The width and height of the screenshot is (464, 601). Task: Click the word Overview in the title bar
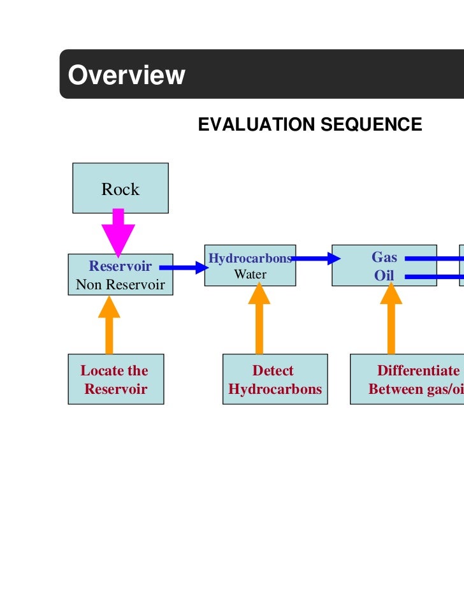[x=126, y=75]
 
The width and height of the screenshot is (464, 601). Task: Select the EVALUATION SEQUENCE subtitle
[x=310, y=124]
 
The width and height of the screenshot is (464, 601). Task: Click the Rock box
[x=120, y=188]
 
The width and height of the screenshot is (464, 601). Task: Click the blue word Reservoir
[x=120, y=266]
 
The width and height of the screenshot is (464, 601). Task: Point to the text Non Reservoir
[x=120, y=284]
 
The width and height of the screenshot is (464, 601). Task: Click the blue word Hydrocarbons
[x=250, y=258]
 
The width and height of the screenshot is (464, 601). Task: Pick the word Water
[x=250, y=275]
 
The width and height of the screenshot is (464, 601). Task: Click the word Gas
[x=384, y=257]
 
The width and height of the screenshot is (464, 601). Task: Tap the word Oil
[x=384, y=276]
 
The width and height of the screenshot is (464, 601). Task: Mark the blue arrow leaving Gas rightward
[x=433, y=258]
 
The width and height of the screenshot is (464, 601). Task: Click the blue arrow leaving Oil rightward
[x=433, y=277]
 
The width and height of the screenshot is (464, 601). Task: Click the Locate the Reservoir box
[x=116, y=379]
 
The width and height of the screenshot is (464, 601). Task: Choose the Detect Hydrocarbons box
[x=275, y=379]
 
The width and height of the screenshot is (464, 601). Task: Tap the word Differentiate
[x=417, y=371]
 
